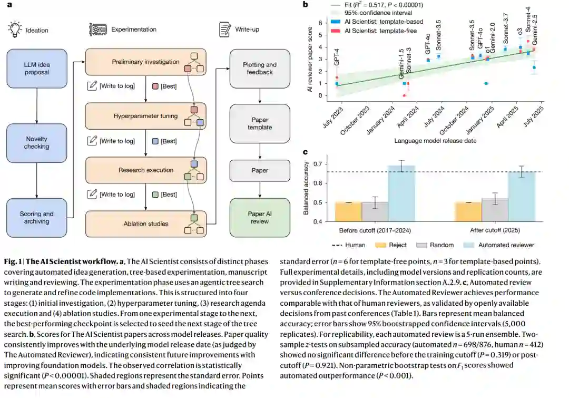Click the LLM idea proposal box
tap(37, 69)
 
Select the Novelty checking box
tap(37, 143)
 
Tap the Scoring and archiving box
tap(37, 218)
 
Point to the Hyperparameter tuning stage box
tap(145, 116)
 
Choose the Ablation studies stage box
tap(145, 224)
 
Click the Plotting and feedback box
tap(260, 69)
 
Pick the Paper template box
tap(260, 123)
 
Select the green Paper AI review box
tap(260, 218)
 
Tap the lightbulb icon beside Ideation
tap(15, 29)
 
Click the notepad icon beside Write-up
tap(225, 29)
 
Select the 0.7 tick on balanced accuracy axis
tap(318, 164)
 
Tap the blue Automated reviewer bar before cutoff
tap(401, 193)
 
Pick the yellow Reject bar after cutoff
tap(468, 211)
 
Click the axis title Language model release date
tap(435, 141)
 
